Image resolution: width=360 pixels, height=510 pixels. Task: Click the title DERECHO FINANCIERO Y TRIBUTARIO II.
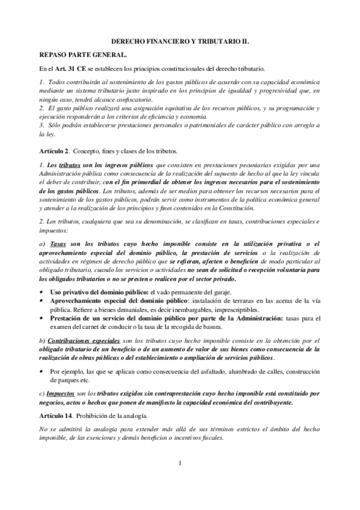[x=180, y=43]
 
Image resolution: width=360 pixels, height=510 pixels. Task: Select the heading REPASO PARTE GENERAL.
[x=74, y=55]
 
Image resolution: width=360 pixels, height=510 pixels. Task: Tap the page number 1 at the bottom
[x=180, y=463]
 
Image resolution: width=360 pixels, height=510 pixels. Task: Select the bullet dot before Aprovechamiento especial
[x=41, y=300]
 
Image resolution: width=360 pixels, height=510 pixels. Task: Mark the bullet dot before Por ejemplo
[x=41, y=371]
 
